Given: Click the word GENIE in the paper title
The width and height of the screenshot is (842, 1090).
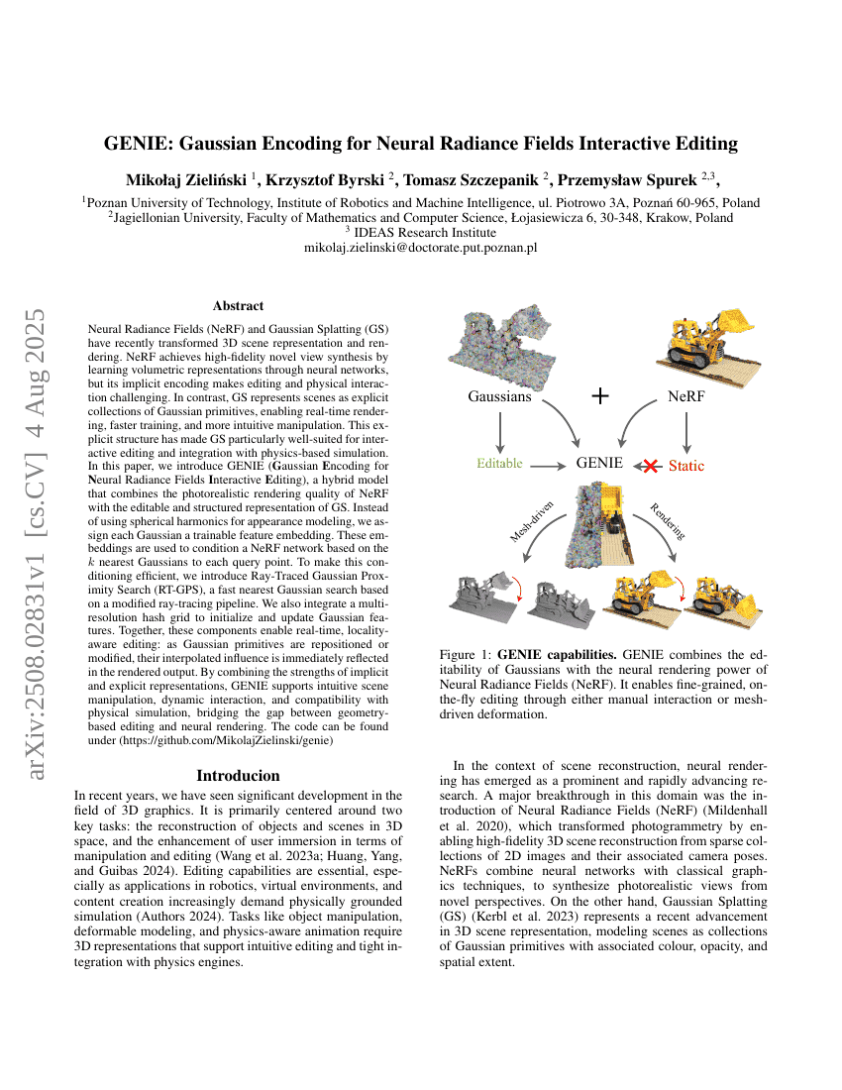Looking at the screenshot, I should point(139,144).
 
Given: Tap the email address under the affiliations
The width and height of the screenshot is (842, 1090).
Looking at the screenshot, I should point(420,248).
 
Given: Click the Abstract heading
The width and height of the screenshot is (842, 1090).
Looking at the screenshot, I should point(238,306).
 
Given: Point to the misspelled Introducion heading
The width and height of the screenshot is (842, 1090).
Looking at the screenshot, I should point(238,775).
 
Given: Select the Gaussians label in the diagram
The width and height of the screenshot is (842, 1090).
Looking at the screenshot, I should point(499,397).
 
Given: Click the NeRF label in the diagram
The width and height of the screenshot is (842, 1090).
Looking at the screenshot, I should point(686,397).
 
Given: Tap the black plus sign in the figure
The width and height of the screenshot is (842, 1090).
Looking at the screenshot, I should point(599,396).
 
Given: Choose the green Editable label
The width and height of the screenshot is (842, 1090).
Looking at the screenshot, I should point(499,463).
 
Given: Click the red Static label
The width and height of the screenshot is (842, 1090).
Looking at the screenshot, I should point(685,464).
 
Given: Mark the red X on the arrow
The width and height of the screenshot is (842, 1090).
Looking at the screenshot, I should point(648,464).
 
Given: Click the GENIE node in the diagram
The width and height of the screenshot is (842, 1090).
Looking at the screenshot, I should point(600,463).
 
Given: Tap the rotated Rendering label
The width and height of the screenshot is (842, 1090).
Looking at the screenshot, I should point(668,520).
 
